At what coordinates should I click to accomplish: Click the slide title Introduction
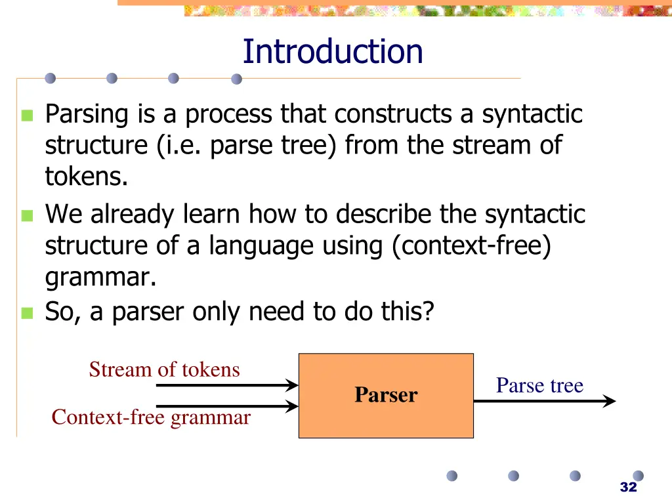pyautogui.click(x=333, y=52)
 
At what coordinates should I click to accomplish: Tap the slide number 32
pyautogui.click(x=628, y=487)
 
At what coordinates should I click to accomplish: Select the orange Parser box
pyautogui.click(x=386, y=395)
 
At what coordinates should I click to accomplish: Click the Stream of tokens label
pyautogui.click(x=164, y=369)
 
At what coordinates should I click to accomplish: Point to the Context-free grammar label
pyautogui.click(x=151, y=417)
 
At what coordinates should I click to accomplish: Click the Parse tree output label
pyautogui.click(x=539, y=385)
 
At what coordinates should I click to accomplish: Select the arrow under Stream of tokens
pyautogui.click(x=226, y=386)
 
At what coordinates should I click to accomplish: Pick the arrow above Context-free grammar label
pyautogui.click(x=226, y=406)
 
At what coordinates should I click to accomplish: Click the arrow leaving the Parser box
pyautogui.click(x=544, y=400)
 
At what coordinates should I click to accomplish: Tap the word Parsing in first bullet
pyautogui.click(x=87, y=115)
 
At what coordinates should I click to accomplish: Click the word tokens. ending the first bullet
pyautogui.click(x=86, y=177)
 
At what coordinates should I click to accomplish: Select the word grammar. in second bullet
pyautogui.click(x=100, y=278)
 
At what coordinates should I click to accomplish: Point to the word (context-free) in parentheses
pyautogui.click(x=471, y=246)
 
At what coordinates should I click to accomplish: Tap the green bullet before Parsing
pyautogui.click(x=27, y=116)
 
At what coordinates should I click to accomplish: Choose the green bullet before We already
pyautogui.click(x=27, y=216)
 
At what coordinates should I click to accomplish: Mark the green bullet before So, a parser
pyautogui.click(x=27, y=313)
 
